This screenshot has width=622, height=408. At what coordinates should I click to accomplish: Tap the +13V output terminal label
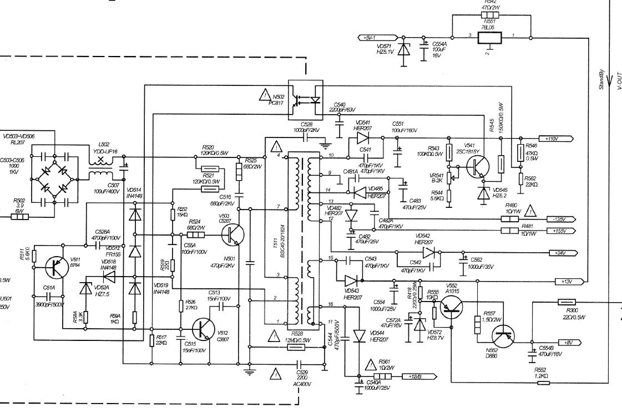point(566,282)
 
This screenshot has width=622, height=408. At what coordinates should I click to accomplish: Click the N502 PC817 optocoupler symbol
point(306,100)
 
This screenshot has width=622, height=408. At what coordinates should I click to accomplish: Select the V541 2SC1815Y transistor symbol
point(477,167)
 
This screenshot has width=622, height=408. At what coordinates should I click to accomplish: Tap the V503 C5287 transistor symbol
point(233,235)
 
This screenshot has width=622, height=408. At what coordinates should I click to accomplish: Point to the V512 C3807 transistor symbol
point(205,329)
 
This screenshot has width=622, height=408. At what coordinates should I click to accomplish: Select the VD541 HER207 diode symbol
point(363,137)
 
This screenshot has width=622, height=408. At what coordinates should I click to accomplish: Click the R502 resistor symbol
point(20,216)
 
